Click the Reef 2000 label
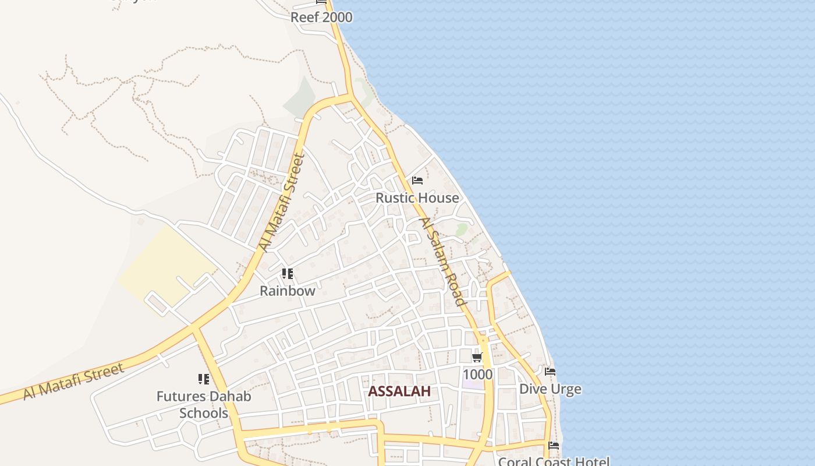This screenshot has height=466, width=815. tap(321, 17)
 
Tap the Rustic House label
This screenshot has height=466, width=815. tap(417, 198)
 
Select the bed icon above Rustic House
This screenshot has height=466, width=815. tap(417, 181)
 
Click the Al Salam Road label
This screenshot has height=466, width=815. tap(444, 262)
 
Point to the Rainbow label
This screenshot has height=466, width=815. tap(287, 291)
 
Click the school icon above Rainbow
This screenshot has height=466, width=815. tap(287, 273)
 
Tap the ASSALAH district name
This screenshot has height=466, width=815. tap(399, 391)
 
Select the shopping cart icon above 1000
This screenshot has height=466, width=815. tap(477, 357)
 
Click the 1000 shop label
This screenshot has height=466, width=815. tap(477, 374)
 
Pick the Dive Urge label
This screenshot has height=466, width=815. tap(550, 389)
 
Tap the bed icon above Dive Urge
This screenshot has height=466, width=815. tap(550, 372)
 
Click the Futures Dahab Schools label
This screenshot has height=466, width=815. tap(204, 405)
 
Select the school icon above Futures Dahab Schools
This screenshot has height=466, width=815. tap(203, 379)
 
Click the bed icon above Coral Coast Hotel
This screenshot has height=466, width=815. tap(554, 446)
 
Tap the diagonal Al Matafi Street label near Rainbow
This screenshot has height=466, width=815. tap(282, 202)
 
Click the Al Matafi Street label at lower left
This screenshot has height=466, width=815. tap(74, 382)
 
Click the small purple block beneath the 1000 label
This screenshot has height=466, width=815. tap(473, 384)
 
